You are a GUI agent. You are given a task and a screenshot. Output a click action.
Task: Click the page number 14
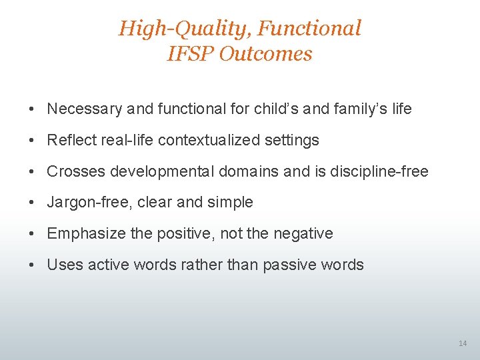pyautogui.click(x=463, y=343)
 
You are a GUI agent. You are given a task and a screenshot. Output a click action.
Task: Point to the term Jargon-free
pyautogui.click(x=89, y=202)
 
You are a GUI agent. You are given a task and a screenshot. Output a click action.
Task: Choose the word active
pyautogui.click(x=103, y=265)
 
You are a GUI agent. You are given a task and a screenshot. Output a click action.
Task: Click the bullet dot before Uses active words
pyautogui.click(x=32, y=265)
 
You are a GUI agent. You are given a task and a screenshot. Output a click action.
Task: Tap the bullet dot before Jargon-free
pyautogui.click(x=32, y=203)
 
